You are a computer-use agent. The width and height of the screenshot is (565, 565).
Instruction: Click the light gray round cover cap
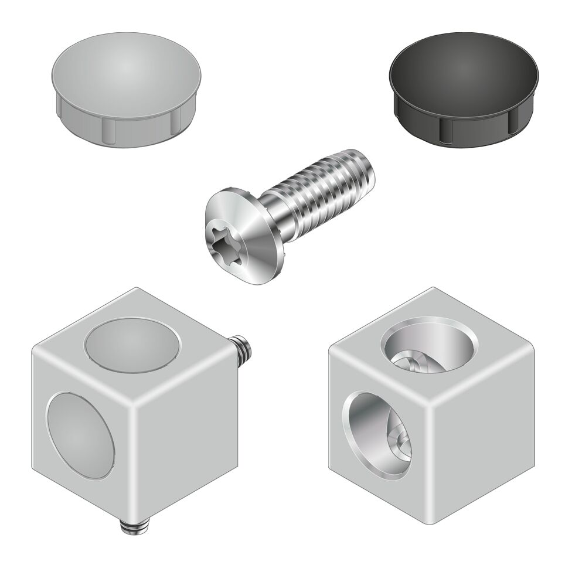127,88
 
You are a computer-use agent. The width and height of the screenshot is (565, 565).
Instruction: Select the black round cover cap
463,88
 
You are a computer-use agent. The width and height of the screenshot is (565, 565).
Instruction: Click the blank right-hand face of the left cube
188,445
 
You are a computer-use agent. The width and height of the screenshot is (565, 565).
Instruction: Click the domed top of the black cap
463,67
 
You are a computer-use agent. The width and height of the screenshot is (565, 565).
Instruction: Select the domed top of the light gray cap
127,67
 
